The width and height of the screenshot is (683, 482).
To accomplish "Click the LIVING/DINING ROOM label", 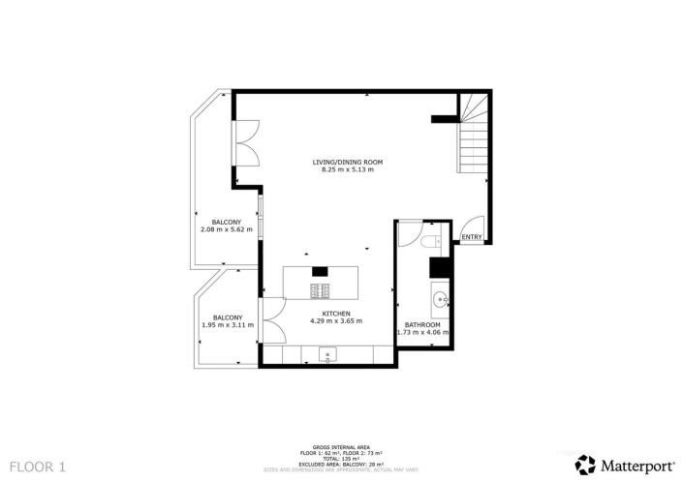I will (x=347, y=162).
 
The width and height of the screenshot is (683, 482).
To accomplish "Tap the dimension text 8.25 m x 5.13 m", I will (x=347, y=169).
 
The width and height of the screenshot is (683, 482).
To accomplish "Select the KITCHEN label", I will (x=336, y=314).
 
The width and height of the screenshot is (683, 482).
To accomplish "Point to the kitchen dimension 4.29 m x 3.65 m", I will (x=336, y=321).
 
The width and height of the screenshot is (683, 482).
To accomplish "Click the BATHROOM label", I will (x=422, y=325).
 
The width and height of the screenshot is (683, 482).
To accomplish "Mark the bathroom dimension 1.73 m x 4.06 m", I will (x=422, y=333).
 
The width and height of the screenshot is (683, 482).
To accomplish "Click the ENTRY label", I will (x=472, y=237).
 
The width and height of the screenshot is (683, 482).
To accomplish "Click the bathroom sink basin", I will (x=438, y=297).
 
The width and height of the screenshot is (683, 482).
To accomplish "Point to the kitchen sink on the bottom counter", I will (x=327, y=355).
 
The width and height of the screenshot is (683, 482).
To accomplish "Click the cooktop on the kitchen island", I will (x=321, y=289).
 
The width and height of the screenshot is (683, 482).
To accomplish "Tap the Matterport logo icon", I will (x=585, y=464).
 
